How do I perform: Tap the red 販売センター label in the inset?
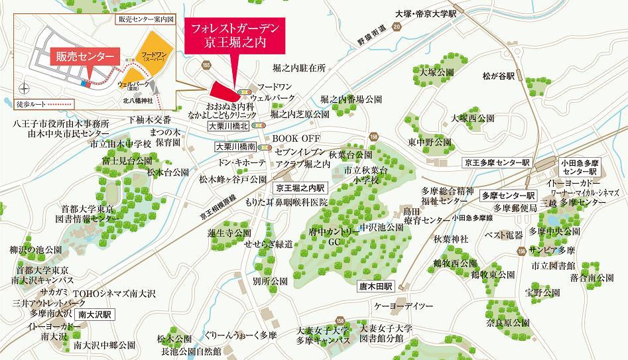coord(85,57)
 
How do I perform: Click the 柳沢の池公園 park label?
coord(36,250)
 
